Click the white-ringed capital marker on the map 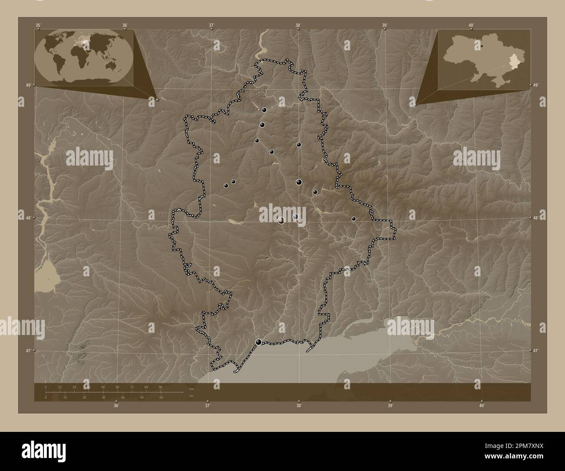(x=282, y=220)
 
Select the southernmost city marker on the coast (x=259, y=342)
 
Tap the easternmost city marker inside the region (x=354, y=219)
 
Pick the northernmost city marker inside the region (x=264, y=110)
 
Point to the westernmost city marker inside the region (x=226, y=186)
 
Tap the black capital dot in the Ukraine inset (x=482, y=45)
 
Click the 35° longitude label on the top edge (x=38, y=25)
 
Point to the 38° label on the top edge (x=298, y=25)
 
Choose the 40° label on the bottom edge (x=482, y=406)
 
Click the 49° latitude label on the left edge (x=28, y=85)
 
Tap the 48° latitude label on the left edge (x=28, y=218)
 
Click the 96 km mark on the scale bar (x=160, y=387)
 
